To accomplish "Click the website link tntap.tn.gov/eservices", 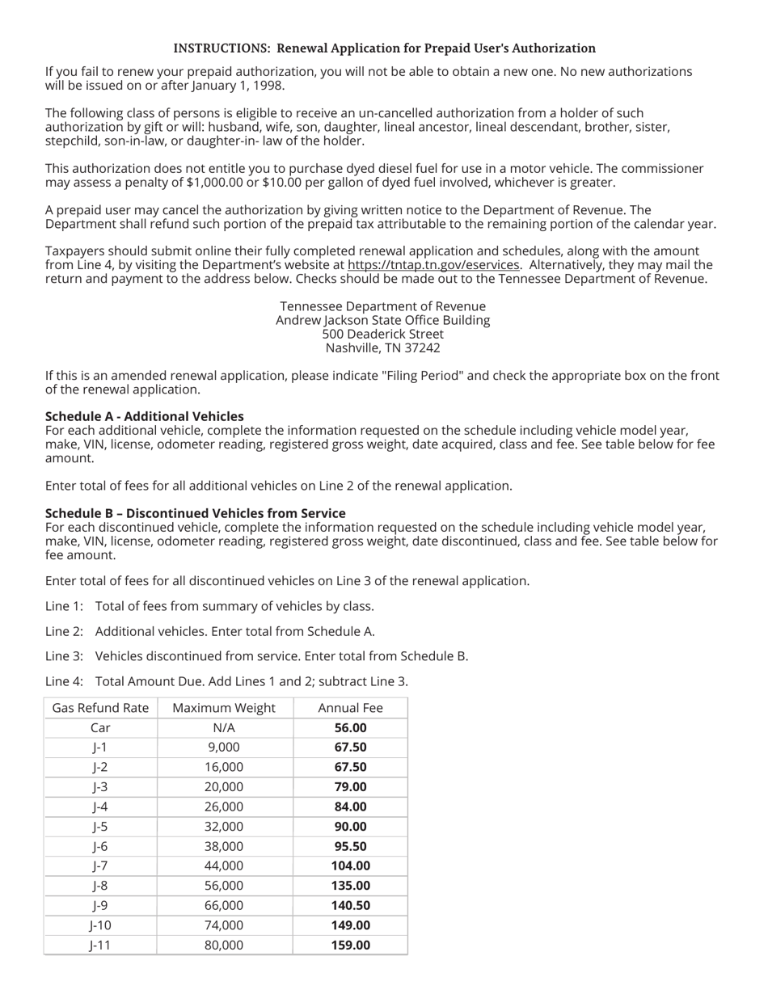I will (x=433, y=265).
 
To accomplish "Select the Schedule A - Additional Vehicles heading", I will (x=144, y=417).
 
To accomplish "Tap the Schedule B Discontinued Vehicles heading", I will (x=195, y=514).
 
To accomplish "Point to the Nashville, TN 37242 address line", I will (x=382, y=348).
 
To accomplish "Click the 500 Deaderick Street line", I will (x=382, y=335).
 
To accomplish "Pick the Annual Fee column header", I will (x=350, y=709).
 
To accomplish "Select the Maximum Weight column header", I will (x=224, y=709).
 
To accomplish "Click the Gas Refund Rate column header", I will (x=100, y=709).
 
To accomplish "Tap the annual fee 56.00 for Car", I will (x=350, y=728).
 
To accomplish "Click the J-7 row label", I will (x=100, y=866).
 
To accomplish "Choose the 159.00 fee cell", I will (x=350, y=946).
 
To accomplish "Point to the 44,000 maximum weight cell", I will (x=224, y=866).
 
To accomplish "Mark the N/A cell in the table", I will (x=224, y=728).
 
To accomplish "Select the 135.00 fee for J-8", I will (x=350, y=886).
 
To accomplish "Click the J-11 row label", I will (x=100, y=946).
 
